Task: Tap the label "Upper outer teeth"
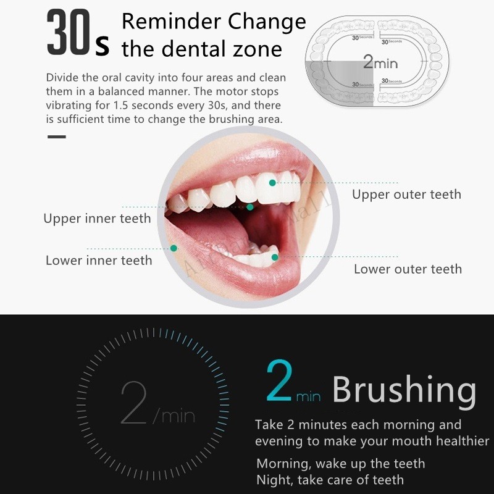406,195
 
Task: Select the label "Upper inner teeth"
97,218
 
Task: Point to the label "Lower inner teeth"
99,261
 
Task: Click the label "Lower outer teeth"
408,269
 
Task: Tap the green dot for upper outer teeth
272,182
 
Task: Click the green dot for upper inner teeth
250,207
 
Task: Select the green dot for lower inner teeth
174,248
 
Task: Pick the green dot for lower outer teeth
275,257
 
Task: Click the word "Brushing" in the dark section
404,390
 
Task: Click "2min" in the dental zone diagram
380,62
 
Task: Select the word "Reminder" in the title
170,22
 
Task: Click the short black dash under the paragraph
56,136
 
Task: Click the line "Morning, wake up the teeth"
340,463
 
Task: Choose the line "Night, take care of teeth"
330,479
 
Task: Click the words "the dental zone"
201,49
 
